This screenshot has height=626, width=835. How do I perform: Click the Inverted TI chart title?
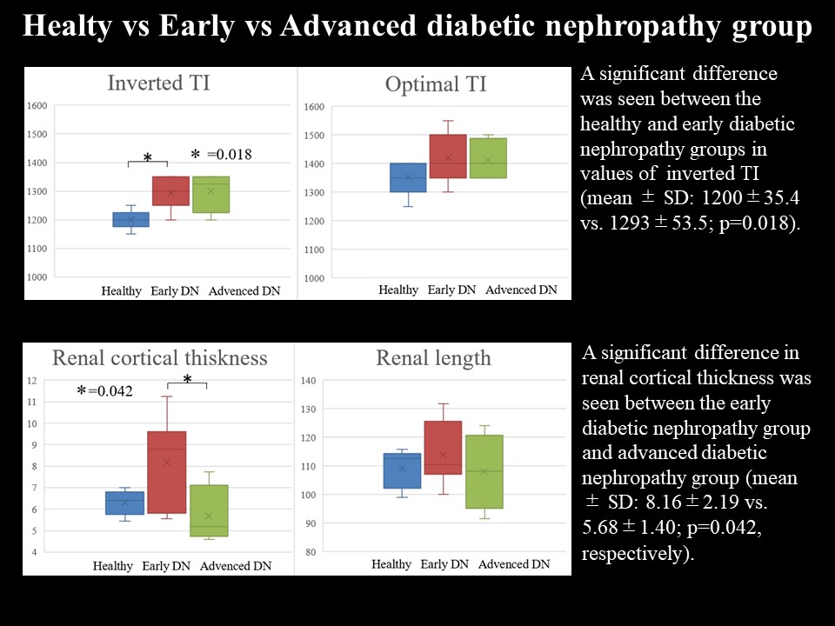pos(158,83)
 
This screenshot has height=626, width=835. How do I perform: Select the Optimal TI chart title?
pos(436,84)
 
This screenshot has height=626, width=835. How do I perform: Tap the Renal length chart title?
pos(433,358)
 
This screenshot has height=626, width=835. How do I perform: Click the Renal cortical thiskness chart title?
pos(160,358)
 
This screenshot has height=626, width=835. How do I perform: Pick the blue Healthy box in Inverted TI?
pos(130,218)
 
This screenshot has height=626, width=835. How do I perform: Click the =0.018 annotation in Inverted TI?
pos(229,155)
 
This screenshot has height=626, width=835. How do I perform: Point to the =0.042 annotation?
pos(110,391)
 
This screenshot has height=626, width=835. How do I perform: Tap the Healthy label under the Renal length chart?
pos(391,565)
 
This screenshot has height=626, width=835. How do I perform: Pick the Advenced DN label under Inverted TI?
pos(244,291)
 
